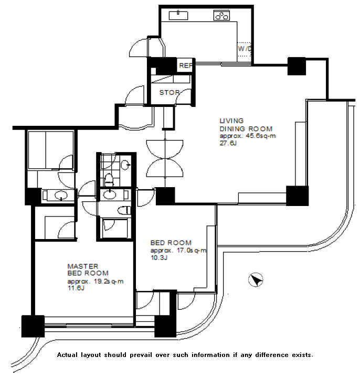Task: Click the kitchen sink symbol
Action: point(178,15)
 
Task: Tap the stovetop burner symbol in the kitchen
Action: point(221,16)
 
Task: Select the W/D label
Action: point(245,49)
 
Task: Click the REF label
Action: point(186,66)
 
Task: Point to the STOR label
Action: point(170,93)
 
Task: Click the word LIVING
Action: point(231,121)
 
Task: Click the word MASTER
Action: point(83,266)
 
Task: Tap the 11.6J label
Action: point(76,288)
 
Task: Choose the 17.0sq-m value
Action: point(192,251)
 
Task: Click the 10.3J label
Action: point(159,258)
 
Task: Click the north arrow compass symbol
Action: point(256,280)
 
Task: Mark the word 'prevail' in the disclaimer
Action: point(141,355)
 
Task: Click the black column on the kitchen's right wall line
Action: point(297,66)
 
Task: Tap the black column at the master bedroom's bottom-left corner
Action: point(33,326)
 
